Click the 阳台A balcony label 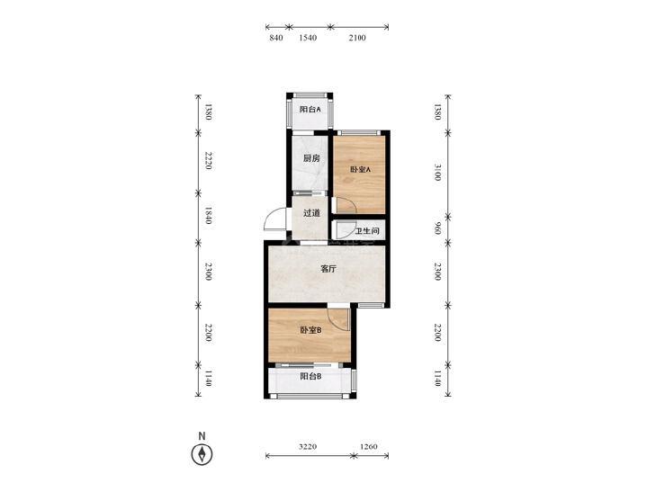[x=310, y=110]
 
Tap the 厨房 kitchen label [x=311, y=158]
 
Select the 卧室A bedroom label [x=360, y=170]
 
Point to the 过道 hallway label [x=311, y=213]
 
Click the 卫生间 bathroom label [x=367, y=231]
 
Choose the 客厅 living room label [x=328, y=269]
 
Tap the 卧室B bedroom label [x=310, y=330]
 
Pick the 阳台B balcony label [x=310, y=376]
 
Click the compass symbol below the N [x=202, y=454]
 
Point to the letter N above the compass [x=202, y=436]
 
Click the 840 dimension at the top [x=276, y=38]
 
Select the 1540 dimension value [x=308, y=38]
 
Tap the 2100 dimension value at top [x=356, y=38]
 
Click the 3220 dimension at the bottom [x=308, y=446]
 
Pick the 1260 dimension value [x=369, y=446]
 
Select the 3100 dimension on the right [x=437, y=172]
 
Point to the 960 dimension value [x=437, y=228]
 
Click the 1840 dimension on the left [x=209, y=215]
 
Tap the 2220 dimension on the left [x=209, y=160]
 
